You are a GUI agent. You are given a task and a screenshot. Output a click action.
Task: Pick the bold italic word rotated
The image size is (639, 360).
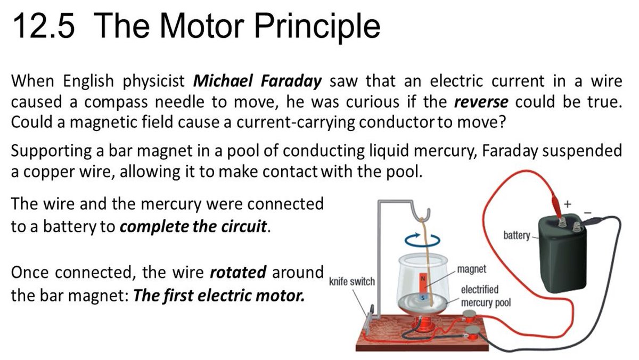click(237, 273)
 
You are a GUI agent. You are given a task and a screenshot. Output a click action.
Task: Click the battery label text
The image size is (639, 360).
click(516, 234)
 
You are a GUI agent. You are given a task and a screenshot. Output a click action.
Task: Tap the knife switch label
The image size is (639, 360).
click(352, 281)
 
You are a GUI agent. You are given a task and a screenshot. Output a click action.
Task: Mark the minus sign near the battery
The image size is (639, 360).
click(589, 211)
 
